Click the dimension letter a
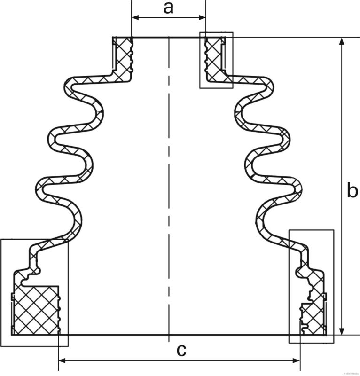[169, 8]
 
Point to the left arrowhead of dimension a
[135, 17]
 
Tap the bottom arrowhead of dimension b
[342, 331]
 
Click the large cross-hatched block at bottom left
[36, 311]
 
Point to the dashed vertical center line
[168, 188]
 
